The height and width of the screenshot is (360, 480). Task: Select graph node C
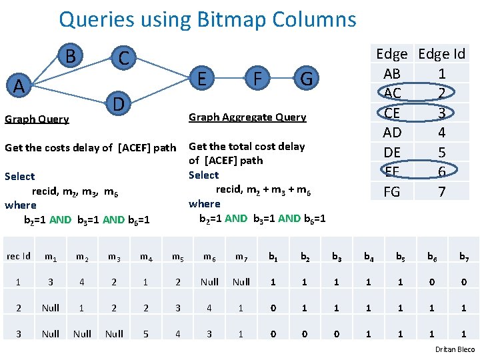coord(123,58)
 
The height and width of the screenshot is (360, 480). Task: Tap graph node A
coord(20,86)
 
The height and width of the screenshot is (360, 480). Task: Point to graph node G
coord(306,79)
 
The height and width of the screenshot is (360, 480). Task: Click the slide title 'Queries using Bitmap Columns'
coord(207,19)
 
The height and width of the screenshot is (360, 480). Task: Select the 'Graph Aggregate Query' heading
coord(247,117)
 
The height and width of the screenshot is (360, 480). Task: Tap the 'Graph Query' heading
coord(37,119)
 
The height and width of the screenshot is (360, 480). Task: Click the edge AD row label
coord(392,133)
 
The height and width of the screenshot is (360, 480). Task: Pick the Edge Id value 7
coord(441,193)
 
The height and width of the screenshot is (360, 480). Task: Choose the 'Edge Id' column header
coord(441,54)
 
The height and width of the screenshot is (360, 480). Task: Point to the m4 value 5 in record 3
coord(145,333)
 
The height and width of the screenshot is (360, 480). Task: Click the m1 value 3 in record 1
coord(50,282)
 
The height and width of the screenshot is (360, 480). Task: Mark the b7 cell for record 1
coord(464,282)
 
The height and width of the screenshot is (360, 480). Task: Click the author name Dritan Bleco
coord(455,349)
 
